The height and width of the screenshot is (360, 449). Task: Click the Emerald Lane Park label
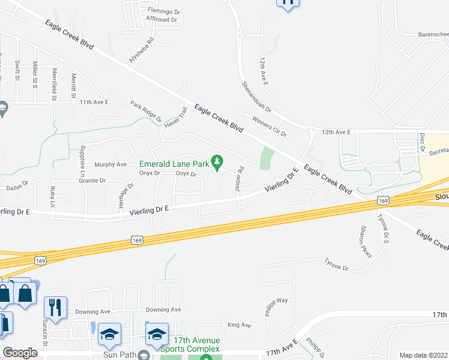(x=174, y=163)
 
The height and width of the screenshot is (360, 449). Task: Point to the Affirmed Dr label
(x=163, y=19)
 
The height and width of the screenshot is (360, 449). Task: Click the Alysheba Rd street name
(x=142, y=52)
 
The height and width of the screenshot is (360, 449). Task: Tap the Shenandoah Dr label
(x=257, y=98)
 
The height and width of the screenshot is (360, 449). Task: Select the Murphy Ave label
(x=111, y=164)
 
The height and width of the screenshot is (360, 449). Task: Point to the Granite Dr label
(x=92, y=180)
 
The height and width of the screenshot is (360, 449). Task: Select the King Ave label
(x=239, y=325)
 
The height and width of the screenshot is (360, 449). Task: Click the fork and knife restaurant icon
(x=55, y=307)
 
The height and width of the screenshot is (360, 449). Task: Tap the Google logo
(x=20, y=353)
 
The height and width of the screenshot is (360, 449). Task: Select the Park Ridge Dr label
(x=147, y=111)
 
